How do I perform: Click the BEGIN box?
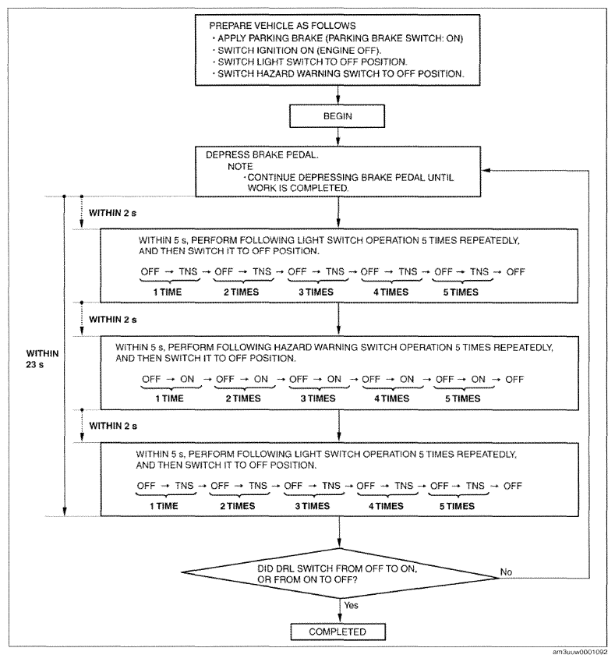click(x=337, y=116)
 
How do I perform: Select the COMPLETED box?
click(x=338, y=632)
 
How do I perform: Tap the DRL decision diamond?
click(x=340, y=573)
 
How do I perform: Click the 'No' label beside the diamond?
click(x=506, y=572)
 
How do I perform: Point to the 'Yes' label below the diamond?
click(x=352, y=605)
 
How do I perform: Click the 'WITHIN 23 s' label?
click(x=42, y=359)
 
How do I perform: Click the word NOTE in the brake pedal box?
click(x=240, y=166)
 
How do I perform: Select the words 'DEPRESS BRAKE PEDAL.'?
click(x=262, y=155)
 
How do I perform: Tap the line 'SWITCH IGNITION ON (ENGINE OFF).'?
click(x=299, y=50)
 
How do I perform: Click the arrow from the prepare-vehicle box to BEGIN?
click(x=338, y=95)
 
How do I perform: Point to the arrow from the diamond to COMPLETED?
click(x=340, y=611)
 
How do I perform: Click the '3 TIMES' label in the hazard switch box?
click(x=318, y=398)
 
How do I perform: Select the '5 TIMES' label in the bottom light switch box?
click(x=457, y=506)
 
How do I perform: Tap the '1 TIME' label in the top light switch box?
click(x=167, y=292)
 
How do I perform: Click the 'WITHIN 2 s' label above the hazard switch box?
click(x=113, y=320)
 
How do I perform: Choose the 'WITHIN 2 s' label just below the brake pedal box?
click(x=112, y=213)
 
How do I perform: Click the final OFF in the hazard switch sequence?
click(x=514, y=379)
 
